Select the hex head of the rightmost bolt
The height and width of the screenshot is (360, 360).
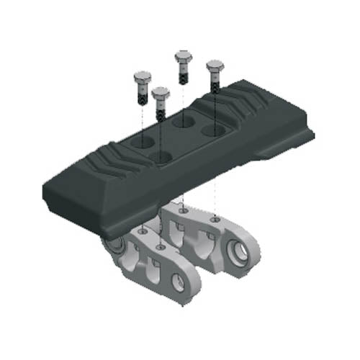pos(215,67)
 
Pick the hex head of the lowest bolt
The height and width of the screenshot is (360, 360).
pos(160,93)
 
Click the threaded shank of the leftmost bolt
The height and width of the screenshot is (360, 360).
pos(143,93)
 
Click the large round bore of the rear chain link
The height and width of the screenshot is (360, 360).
pos(243,252)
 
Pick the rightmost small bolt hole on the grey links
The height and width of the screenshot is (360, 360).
pos(217,218)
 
